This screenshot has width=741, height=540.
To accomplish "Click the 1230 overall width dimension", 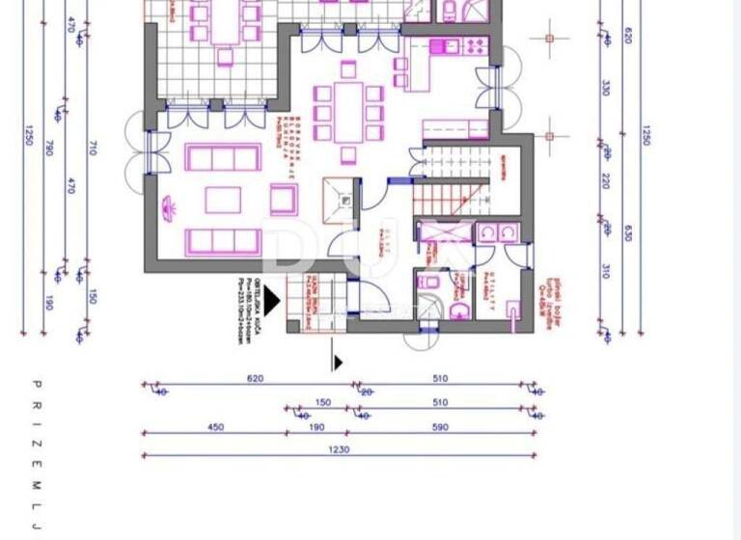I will (x=339, y=449).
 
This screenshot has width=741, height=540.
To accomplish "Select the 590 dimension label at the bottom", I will (x=440, y=428).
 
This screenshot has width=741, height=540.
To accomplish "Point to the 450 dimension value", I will (x=215, y=428).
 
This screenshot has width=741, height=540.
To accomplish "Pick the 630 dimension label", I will (x=628, y=231).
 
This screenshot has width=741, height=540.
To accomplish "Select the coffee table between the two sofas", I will (x=224, y=201).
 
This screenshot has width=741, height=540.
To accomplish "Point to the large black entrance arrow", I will (x=272, y=303).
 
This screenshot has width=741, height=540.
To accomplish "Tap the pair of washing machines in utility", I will (x=498, y=233).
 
